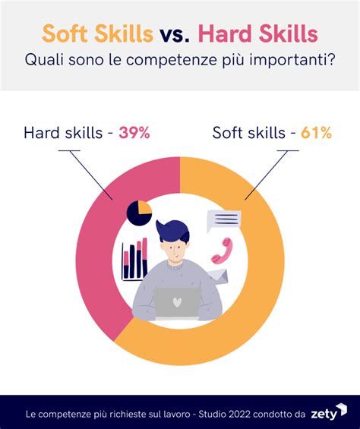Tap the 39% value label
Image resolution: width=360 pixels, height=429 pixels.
tap(134, 133)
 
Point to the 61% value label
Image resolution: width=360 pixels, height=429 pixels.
tap(316, 133)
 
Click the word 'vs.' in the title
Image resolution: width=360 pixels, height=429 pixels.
tap(175, 34)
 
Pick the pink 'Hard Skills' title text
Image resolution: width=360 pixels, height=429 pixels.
tap(258, 33)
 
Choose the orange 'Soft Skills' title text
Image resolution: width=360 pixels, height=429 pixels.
tap(98, 33)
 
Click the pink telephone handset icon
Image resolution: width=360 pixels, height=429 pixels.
tap(222, 251)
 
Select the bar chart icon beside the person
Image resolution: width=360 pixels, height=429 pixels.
tap(134, 259)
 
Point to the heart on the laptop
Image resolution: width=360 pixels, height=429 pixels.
tap(177, 301)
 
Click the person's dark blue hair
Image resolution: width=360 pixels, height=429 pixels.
tap(172, 231)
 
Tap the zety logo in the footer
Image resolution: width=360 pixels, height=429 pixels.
tap(329, 412)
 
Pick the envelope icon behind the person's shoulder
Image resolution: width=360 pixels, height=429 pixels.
tap(218, 276)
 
